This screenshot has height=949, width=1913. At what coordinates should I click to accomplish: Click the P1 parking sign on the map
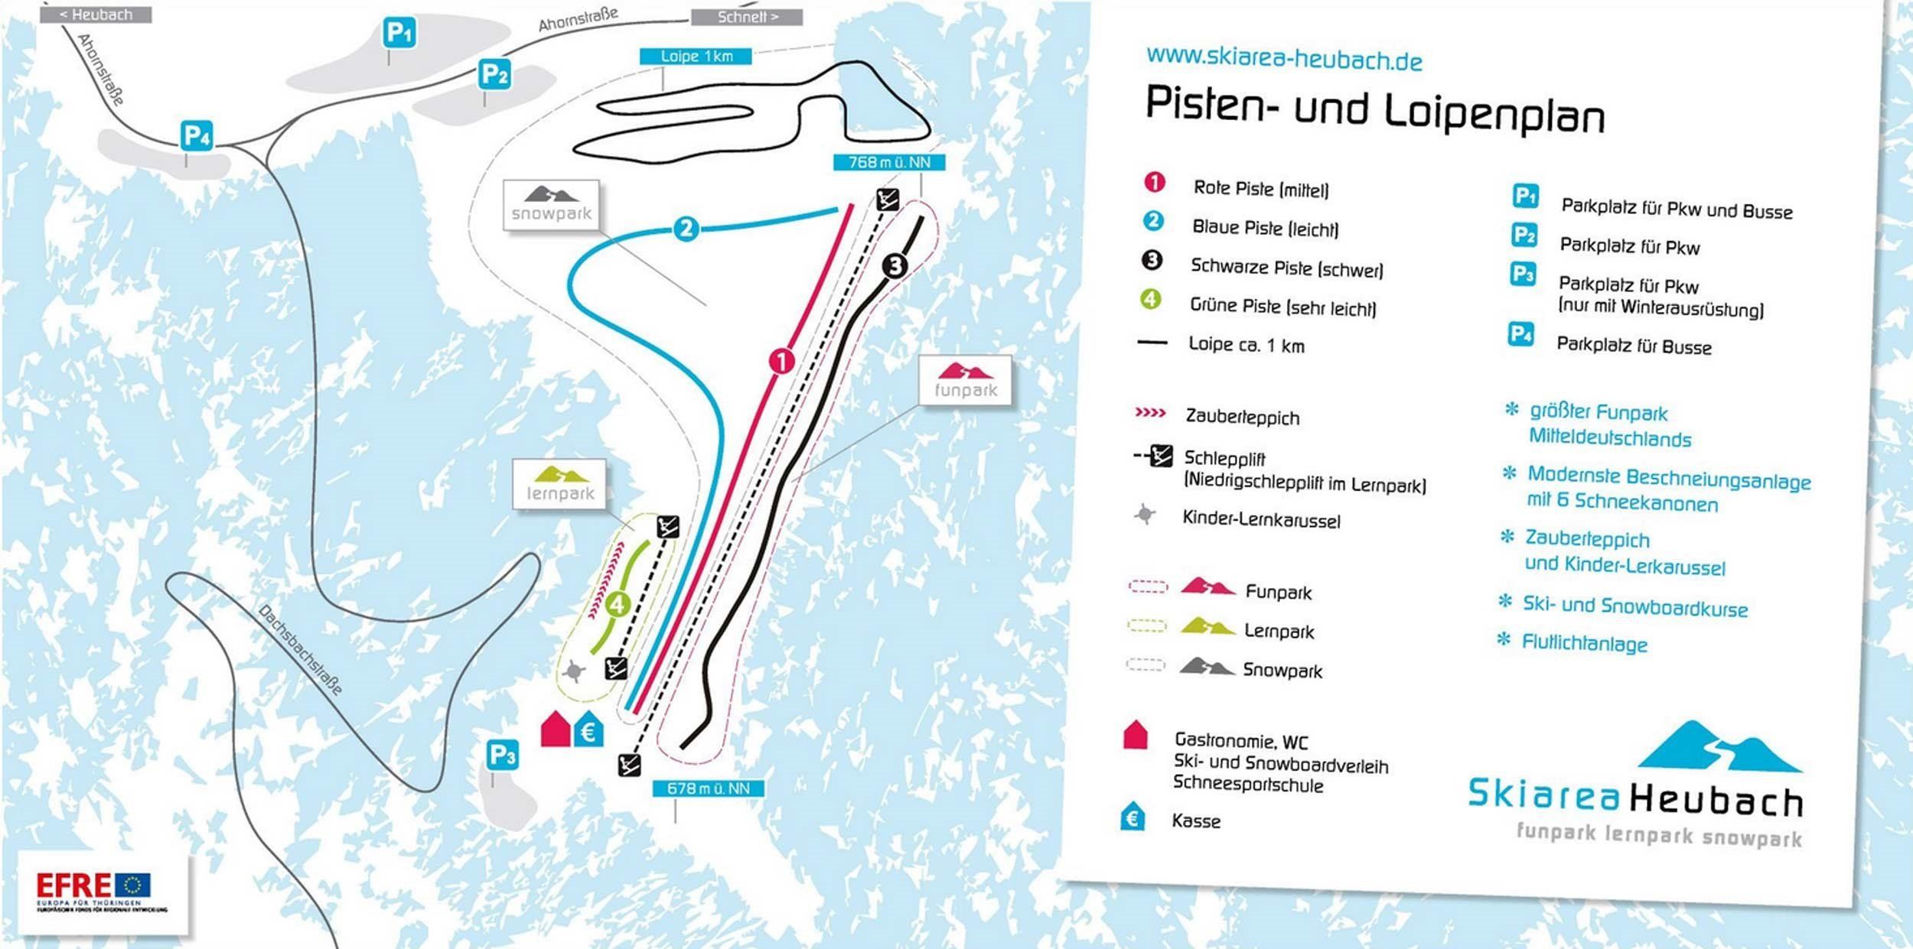point(399,34)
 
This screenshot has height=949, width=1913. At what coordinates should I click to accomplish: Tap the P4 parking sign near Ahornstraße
point(196,137)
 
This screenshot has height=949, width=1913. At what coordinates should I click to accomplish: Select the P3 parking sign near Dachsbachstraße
point(502,755)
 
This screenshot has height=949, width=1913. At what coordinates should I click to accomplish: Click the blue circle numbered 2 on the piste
point(686,228)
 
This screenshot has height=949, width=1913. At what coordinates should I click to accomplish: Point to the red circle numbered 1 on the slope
point(781,361)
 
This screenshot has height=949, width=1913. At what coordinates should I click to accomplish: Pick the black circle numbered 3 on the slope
point(894,265)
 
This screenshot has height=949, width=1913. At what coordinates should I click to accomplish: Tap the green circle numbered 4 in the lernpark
point(617,605)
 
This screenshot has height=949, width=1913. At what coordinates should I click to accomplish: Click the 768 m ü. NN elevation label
point(889,162)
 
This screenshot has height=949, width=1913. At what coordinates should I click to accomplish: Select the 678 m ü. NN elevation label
point(708,788)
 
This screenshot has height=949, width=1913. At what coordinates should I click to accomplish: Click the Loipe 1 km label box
point(696,56)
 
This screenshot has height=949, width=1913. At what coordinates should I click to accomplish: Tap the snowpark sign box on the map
point(551,205)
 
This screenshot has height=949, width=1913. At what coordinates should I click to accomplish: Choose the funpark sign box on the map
point(965,381)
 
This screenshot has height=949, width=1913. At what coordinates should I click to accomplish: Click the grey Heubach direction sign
point(96,15)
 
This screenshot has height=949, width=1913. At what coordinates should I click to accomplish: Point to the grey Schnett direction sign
point(747,16)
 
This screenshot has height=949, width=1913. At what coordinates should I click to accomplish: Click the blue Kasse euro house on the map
point(588,730)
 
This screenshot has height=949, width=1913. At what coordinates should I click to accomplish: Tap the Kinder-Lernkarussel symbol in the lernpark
point(572,672)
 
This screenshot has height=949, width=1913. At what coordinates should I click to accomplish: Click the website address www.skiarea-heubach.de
point(1283,58)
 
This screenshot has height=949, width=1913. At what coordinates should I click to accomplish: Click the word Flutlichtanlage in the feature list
point(1584,643)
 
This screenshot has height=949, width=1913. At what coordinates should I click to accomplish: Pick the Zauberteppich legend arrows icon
point(1150,414)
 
